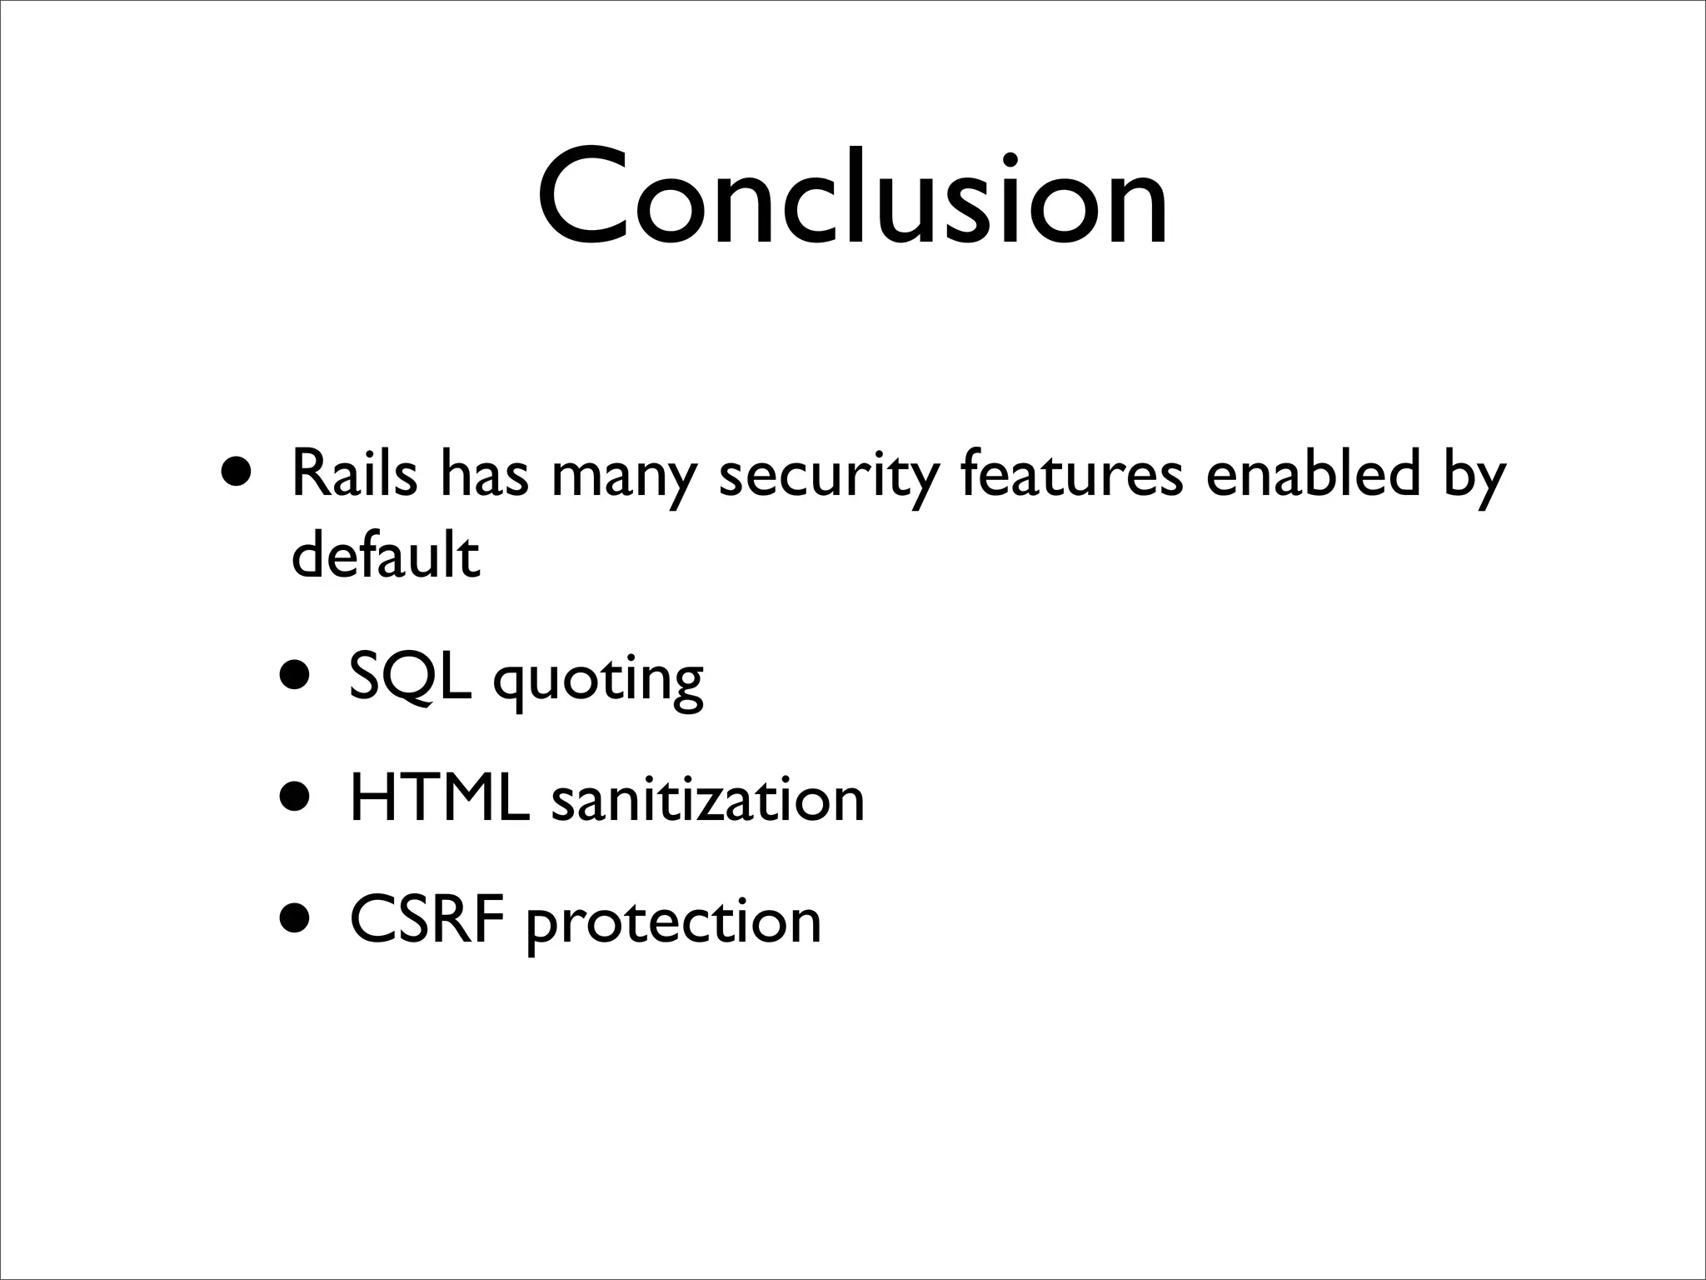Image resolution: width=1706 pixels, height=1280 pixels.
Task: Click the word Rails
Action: pos(355,474)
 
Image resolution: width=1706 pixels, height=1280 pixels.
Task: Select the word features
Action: pos(1071,474)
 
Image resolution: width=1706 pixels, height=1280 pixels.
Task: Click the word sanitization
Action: pos(708,798)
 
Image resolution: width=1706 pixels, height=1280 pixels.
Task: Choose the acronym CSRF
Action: pos(426,920)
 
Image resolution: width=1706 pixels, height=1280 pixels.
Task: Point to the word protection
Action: pos(673,923)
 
